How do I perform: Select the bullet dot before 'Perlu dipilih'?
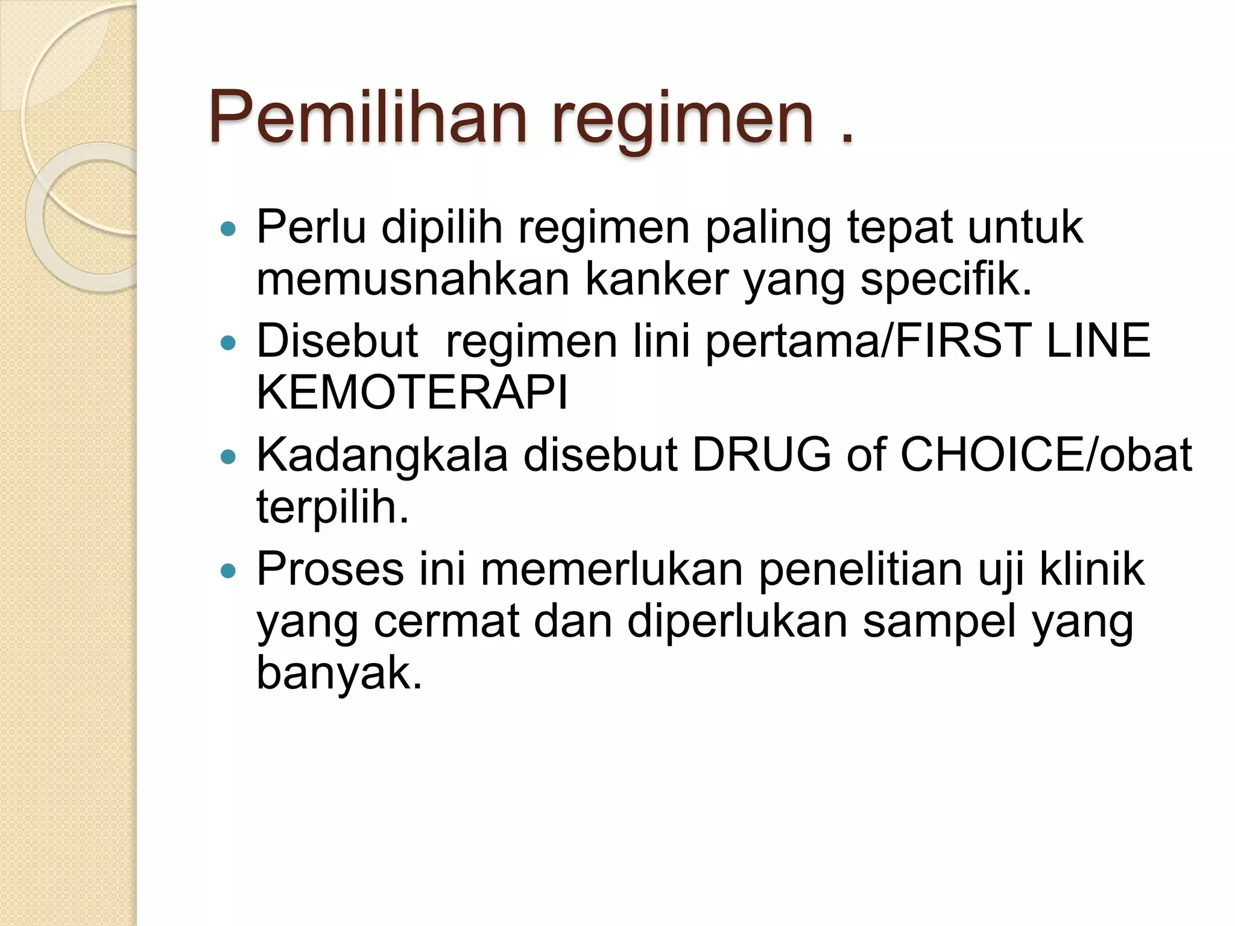228,229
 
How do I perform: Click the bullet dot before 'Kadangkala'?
228,457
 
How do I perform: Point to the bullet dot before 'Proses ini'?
228,570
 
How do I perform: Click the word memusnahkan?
412,280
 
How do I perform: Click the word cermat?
446,622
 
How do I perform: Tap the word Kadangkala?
382,455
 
